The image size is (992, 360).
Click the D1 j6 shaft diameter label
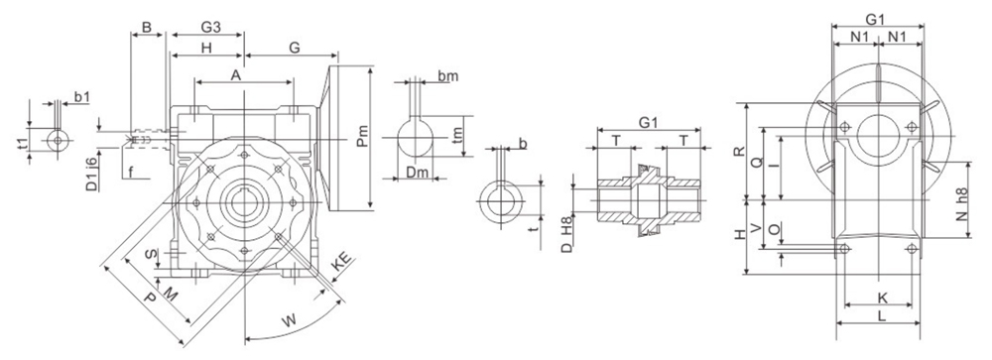(x=91, y=173)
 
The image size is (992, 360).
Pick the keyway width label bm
(x=447, y=76)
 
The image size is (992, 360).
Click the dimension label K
(x=881, y=297)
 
